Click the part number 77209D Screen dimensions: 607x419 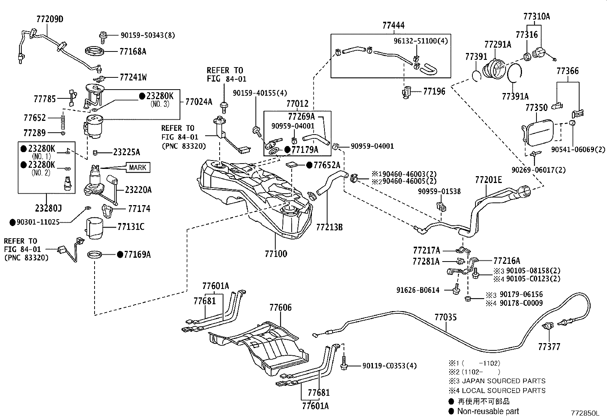click(50, 19)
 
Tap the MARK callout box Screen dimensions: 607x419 click(138, 167)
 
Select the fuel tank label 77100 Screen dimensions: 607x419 click(276, 254)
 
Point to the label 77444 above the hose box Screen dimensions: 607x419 click(393, 25)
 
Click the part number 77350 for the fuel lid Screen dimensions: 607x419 click(536, 108)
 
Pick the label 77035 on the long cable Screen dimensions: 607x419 click(445, 317)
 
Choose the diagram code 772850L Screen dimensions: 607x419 click(585, 413)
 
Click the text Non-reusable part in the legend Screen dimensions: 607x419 click(488, 411)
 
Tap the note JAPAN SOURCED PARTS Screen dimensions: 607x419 click(504, 381)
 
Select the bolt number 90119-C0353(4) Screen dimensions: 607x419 click(389, 366)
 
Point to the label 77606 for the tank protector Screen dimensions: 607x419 click(281, 308)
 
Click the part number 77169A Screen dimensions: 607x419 click(137, 255)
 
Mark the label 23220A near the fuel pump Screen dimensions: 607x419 click(138, 190)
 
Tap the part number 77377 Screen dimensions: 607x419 click(549, 347)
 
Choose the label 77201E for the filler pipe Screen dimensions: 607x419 click(488, 180)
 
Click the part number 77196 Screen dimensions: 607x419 click(434, 92)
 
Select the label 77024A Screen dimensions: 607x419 click(199, 102)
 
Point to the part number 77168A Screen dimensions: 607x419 click(133, 51)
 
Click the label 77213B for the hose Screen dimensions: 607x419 click(329, 227)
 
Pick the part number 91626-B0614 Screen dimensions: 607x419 click(418, 290)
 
